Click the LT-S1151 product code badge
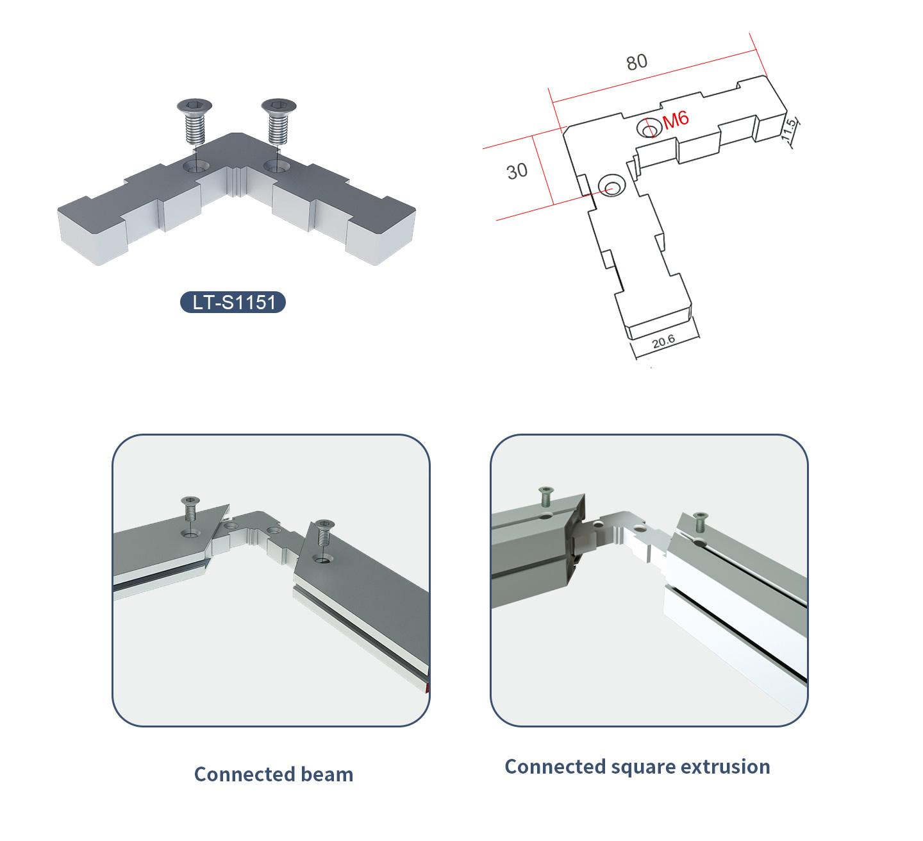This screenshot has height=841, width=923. click(233, 302)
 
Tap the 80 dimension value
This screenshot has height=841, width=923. click(636, 62)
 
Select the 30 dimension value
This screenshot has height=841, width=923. click(517, 171)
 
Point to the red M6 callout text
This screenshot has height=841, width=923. click(676, 119)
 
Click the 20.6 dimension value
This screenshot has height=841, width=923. click(663, 341)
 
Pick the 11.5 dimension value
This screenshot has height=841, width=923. click(788, 130)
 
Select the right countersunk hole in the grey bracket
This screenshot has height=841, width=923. click(276, 166)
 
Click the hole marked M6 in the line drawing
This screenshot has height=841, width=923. click(649, 128)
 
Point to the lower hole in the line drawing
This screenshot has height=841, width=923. click(611, 185)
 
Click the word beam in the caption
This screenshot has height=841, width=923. click(327, 774)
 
